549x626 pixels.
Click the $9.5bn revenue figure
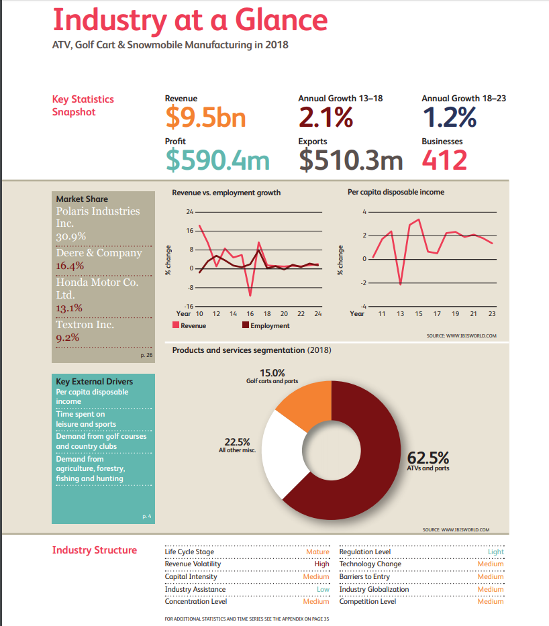pos(205,117)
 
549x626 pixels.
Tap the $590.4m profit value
pos(217,160)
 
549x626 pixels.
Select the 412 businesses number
pos(444,160)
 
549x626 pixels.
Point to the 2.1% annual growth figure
pos(326,117)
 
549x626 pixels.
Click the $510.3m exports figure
pos(350,160)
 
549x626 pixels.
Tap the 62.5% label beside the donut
pos(428,458)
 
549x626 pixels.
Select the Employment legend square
pos(246,325)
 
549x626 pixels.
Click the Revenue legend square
pos(176,325)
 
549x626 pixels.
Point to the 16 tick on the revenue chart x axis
pos(250,314)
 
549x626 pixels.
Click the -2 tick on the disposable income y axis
pos(363,282)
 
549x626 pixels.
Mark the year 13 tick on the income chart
pos(400,314)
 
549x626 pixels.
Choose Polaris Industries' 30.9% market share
pos(70,236)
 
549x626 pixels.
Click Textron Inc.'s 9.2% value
pos(68,337)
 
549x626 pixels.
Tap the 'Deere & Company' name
pos(99,253)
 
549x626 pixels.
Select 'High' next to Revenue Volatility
pos(321,564)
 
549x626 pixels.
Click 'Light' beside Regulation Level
pos(495,552)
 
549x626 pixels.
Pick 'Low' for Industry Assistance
pos(323,589)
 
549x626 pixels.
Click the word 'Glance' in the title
pos(281,20)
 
